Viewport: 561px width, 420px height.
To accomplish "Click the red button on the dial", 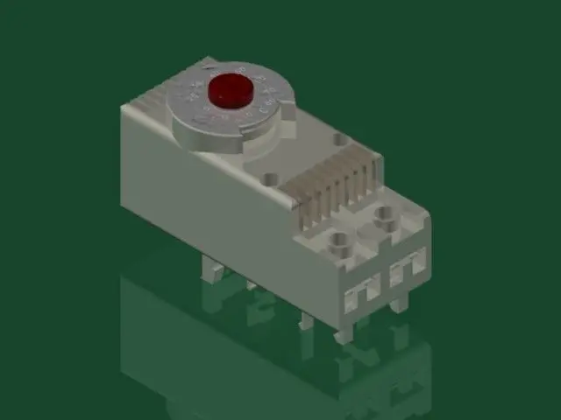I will coord(231,88).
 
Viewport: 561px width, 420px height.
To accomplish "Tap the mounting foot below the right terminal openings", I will coord(400,304).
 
